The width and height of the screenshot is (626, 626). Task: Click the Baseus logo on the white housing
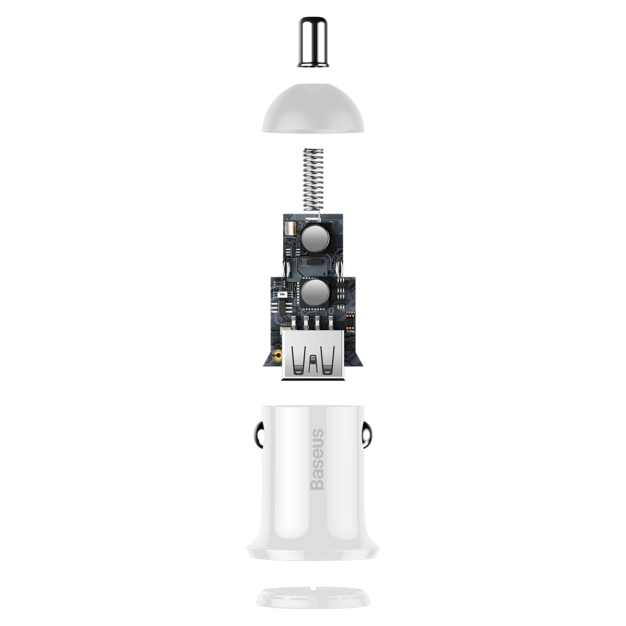[x=317, y=459]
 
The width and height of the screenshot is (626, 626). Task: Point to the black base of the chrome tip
[x=312, y=64]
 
